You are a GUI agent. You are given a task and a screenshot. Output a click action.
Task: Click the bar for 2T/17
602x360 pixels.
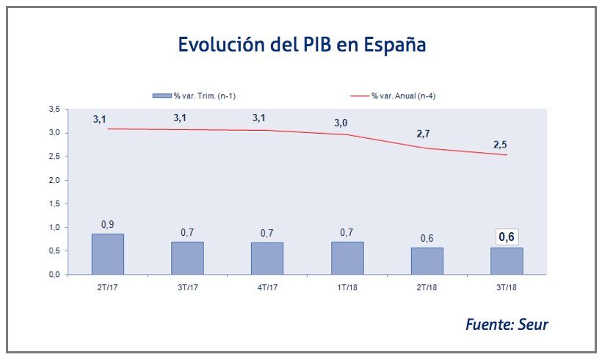point(107,254)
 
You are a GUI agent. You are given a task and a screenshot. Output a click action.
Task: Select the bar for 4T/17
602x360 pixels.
point(267,258)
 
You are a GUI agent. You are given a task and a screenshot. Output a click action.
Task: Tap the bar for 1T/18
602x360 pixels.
point(347,258)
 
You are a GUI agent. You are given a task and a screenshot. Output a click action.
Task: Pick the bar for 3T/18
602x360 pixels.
point(507,261)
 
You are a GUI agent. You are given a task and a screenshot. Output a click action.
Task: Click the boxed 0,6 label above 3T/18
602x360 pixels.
point(507,237)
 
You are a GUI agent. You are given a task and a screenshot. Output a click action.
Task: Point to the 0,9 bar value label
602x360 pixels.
point(107,224)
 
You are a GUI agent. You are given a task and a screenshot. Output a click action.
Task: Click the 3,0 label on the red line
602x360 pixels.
point(341,123)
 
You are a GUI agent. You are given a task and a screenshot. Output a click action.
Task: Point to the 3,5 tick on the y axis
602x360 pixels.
point(54,109)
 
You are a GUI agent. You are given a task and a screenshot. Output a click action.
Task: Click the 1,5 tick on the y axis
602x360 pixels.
point(54,204)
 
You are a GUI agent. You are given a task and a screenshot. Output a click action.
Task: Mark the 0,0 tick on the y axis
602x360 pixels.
point(54,275)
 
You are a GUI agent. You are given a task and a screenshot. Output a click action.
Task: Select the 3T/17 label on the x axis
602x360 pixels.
point(187,287)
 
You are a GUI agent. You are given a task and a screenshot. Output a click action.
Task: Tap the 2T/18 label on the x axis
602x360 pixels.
point(427,287)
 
